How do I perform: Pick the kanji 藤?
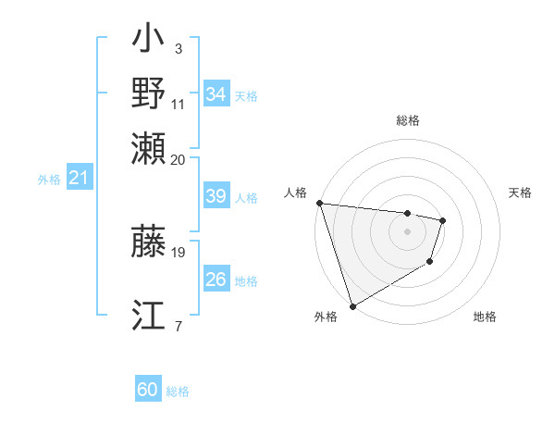[x=149, y=241]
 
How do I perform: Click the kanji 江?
[x=149, y=317]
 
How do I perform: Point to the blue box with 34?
[x=216, y=94]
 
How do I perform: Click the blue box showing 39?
[x=216, y=196]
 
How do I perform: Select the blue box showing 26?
[x=216, y=280]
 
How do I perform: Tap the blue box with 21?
[x=79, y=178]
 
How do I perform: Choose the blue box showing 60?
[x=148, y=390]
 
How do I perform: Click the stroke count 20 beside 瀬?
[x=179, y=159]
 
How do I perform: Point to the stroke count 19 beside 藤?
[x=179, y=252]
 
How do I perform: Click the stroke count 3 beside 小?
[x=179, y=48]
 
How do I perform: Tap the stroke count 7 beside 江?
[x=179, y=326]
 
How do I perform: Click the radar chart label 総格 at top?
[x=408, y=120]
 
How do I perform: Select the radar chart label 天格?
[x=521, y=193]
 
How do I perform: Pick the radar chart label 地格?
[x=485, y=317]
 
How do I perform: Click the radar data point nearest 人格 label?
[x=319, y=203]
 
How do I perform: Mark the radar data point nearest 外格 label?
[x=352, y=306]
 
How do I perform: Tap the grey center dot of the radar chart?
[x=408, y=231]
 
